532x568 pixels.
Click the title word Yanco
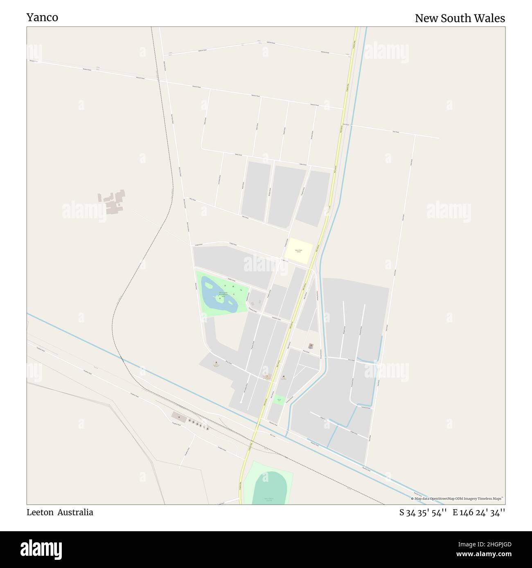pyautogui.click(x=42, y=18)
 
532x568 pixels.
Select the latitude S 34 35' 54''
pyautogui.click(x=423, y=512)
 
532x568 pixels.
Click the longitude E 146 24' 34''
pyautogui.click(x=478, y=512)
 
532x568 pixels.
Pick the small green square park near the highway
pyautogui.click(x=280, y=399)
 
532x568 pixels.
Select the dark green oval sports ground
pyautogui.click(x=268, y=488)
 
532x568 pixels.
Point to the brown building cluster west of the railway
pyautogui.click(x=112, y=202)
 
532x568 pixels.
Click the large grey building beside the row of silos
pyautogui.click(x=178, y=416)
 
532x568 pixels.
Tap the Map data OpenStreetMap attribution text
pyautogui.click(x=458, y=499)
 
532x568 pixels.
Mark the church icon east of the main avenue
pyautogui.click(x=311, y=346)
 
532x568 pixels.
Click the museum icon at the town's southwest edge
pyautogui.click(x=216, y=362)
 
